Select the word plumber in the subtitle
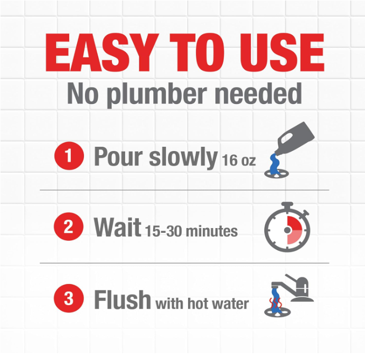pyautogui.click(x=157, y=94)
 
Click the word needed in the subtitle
pyautogui.click(x=258, y=93)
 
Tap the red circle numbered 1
pyautogui.click(x=69, y=156)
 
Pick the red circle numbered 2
pyautogui.click(x=69, y=226)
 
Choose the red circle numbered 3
pyautogui.click(x=69, y=298)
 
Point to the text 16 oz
pyautogui.click(x=239, y=160)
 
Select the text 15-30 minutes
pyautogui.click(x=191, y=231)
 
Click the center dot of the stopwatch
pyautogui.click(x=287, y=230)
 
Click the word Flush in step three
pyautogui.click(x=122, y=299)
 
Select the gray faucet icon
pyautogui.click(x=294, y=288)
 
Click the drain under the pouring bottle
pyautogui.click(x=276, y=174)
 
